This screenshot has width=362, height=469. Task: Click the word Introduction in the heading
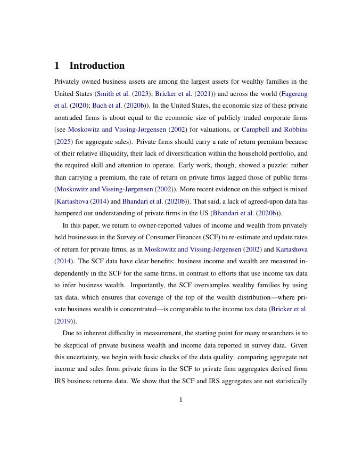coord(97,66)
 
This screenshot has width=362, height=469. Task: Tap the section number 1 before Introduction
coord(57,66)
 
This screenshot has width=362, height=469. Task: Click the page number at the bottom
coord(181,400)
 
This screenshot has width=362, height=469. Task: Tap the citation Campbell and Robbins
coord(274,130)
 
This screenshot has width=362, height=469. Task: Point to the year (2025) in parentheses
coord(64,142)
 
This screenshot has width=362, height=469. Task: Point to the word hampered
coord(71,213)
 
